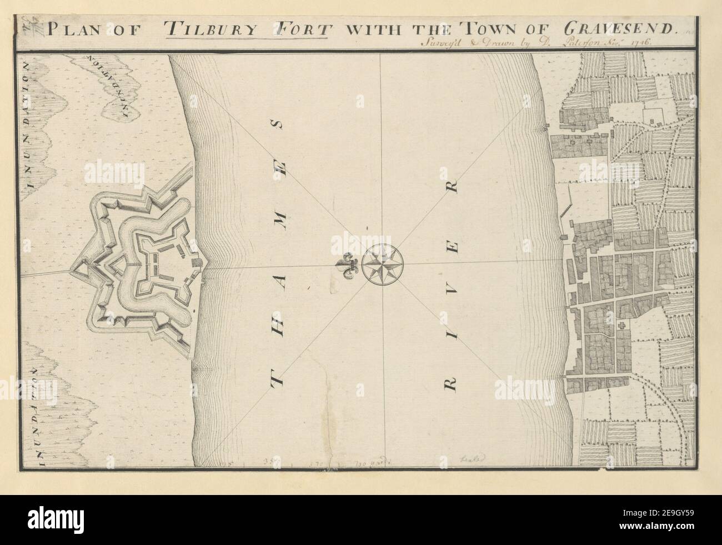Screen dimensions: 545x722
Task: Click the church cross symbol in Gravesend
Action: [622, 326]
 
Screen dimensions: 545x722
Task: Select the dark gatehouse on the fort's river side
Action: [197, 261]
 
